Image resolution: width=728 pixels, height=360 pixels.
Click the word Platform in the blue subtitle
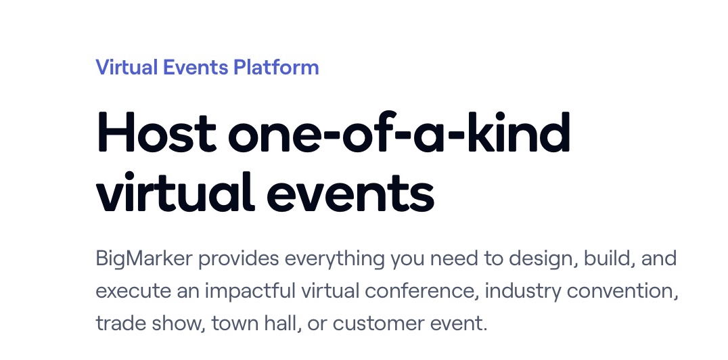(276, 67)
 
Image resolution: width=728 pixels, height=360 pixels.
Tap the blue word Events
(196, 67)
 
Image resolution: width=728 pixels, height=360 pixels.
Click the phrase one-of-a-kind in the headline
(399, 132)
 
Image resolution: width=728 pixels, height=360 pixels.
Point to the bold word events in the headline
(350, 192)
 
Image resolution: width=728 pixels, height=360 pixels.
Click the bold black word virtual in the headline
(175, 192)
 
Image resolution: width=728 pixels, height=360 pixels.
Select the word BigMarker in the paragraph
(144, 258)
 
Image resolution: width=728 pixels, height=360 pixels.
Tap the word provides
(239, 258)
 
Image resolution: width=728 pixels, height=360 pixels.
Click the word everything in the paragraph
(335, 258)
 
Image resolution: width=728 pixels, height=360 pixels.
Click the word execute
(133, 291)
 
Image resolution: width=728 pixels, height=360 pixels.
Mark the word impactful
(250, 291)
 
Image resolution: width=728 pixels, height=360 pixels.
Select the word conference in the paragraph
(422, 291)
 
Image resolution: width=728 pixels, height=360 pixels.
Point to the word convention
(622, 291)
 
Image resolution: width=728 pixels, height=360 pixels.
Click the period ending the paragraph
(485, 330)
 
